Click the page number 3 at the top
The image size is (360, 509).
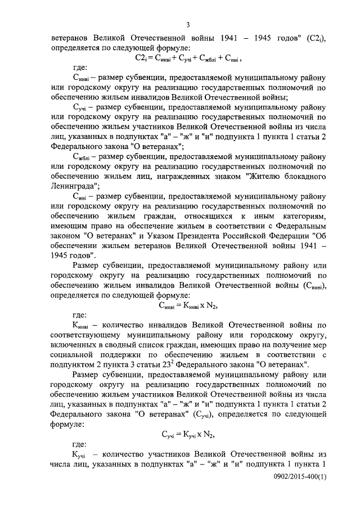[x=188, y=23]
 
